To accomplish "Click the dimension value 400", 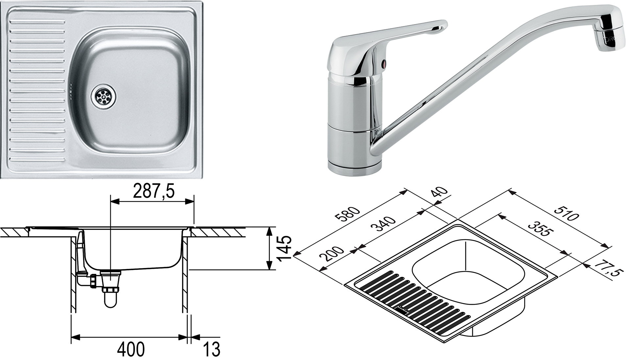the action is pyautogui.click(x=131, y=349).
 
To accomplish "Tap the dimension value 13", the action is pyautogui.click(x=211, y=349).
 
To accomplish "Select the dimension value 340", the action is pyautogui.click(x=383, y=224).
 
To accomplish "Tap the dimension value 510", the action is pyautogui.click(x=566, y=214).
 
